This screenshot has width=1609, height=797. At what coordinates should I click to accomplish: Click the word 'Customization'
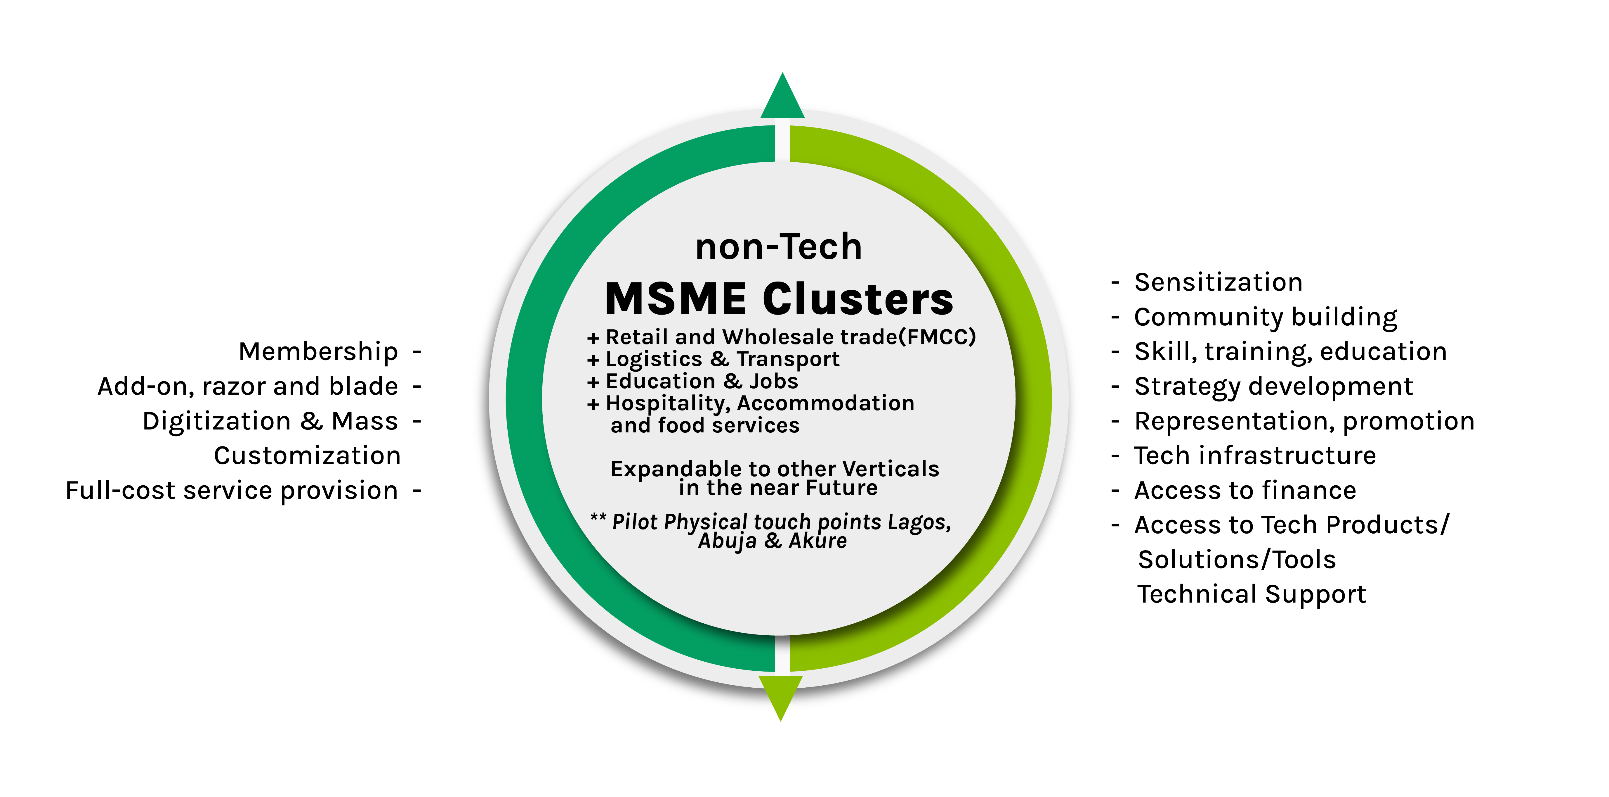pyautogui.click(x=307, y=456)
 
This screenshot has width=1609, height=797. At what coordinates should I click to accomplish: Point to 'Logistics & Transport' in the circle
pyautogui.click(x=723, y=359)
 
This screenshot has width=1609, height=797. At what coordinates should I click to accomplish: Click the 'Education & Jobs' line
pyautogui.click(x=702, y=381)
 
